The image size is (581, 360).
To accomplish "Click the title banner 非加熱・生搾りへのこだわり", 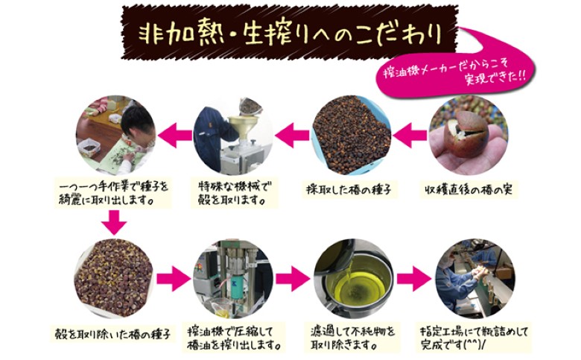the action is [290, 33].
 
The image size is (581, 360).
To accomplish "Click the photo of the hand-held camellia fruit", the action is [469, 135].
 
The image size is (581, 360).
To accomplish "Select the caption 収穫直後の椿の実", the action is [469, 190].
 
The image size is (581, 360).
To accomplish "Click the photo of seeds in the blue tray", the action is [351, 135].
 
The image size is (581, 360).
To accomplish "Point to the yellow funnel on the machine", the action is [243, 125].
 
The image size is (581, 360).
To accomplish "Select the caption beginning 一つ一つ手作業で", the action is [113, 193].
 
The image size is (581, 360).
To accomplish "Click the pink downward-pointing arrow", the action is [114, 222].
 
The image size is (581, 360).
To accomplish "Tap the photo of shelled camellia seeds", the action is [114, 279].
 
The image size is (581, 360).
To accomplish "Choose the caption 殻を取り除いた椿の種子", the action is [112, 335].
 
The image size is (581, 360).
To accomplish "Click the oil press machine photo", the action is [232, 279].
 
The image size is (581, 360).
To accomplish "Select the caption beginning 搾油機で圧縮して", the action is [233, 338].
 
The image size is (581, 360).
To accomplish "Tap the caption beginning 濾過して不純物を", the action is [353, 338].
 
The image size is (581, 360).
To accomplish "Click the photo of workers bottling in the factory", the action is [475, 279].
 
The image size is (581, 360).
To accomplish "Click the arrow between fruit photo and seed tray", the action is [410, 135].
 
